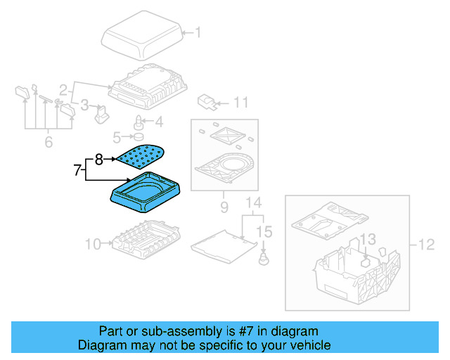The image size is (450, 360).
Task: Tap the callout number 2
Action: [63, 89]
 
